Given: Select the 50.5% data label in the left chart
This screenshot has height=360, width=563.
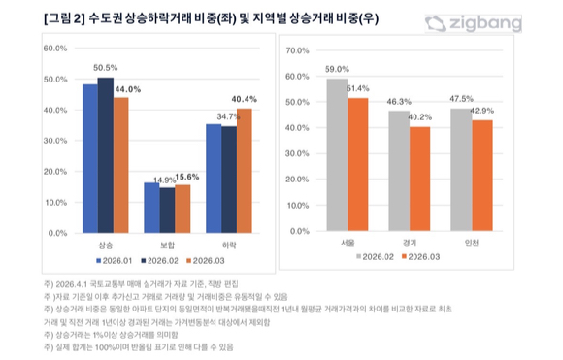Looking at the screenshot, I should (x=105, y=68).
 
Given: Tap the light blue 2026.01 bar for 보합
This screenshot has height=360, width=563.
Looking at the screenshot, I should (x=152, y=208).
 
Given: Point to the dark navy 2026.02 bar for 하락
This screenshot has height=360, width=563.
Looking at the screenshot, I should (x=228, y=180).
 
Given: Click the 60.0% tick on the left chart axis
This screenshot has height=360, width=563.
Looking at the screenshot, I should (x=54, y=48).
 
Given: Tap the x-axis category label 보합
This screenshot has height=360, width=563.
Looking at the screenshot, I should (x=167, y=245).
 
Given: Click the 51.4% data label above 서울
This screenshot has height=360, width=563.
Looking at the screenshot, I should (x=360, y=88).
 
